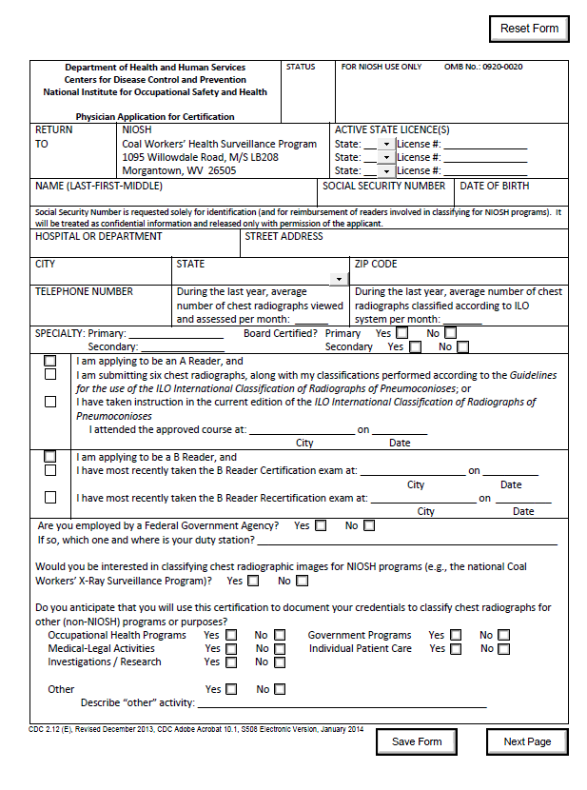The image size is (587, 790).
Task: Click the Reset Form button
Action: tap(529, 29)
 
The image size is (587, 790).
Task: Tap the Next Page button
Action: tap(527, 741)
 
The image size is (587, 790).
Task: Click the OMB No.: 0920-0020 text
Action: tap(482, 68)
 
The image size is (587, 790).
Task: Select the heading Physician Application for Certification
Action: tap(155, 117)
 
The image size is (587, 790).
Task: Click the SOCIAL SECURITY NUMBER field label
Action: tap(383, 187)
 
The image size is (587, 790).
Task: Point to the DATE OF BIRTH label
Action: tap(495, 187)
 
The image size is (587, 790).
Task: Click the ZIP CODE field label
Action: tap(376, 264)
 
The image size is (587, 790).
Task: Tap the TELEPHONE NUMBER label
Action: tap(84, 292)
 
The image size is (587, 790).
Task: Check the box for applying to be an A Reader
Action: tap(50, 362)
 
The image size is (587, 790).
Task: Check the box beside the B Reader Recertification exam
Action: tap(50, 497)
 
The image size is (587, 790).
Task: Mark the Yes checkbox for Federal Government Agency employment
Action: tap(321, 525)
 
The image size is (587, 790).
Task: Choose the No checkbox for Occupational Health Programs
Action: tap(280, 635)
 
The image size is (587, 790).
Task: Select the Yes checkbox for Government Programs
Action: tap(456, 635)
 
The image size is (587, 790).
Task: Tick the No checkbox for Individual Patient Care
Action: tap(503, 649)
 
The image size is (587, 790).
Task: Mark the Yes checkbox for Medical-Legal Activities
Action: tap(229, 649)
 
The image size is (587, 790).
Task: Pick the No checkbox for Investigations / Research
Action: tap(280, 662)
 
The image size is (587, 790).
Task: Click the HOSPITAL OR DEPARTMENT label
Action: tap(98, 236)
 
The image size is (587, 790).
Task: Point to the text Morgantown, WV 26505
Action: tap(179, 170)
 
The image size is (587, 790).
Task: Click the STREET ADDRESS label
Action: tap(284, 236)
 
